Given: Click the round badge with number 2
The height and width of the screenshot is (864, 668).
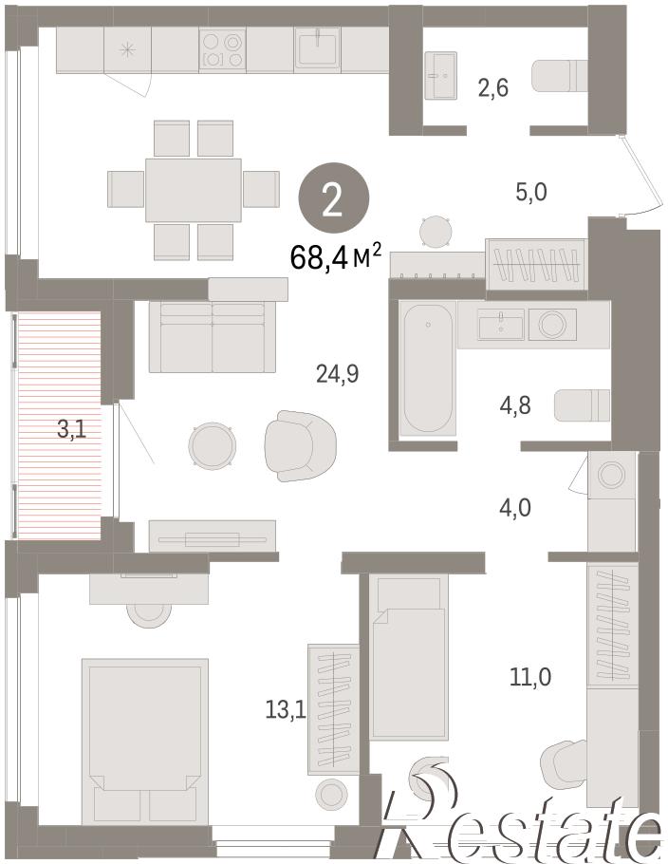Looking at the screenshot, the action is pos(333,200).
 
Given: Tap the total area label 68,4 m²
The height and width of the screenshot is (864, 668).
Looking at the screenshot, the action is pos(335,257).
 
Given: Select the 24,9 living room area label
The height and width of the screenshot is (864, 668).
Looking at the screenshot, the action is pos(338,374).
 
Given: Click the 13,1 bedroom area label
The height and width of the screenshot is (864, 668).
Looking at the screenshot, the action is pos(286,709).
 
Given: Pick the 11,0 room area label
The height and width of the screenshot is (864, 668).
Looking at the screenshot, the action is pos(530,676).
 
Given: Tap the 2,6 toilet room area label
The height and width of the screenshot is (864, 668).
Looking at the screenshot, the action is pos(493,87).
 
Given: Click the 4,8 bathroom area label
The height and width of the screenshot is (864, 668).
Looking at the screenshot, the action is pos(515,405).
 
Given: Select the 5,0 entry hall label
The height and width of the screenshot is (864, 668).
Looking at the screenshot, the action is pos(531,193).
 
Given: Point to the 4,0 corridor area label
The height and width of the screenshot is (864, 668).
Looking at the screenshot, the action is pos(515,508).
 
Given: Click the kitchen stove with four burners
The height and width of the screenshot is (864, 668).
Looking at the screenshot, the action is pos(222,49).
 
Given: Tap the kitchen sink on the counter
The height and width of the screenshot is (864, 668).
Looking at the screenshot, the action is pos(317,48).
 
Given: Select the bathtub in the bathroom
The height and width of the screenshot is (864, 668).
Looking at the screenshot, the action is pos(429,368).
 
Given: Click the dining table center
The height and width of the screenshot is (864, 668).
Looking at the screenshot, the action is pos(194,190).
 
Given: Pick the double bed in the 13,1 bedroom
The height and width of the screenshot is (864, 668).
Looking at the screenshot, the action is pos(145,742).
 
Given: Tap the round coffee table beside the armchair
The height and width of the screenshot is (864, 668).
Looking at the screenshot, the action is pos(213,446).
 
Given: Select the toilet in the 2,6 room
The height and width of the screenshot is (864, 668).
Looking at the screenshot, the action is pos(560,76).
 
